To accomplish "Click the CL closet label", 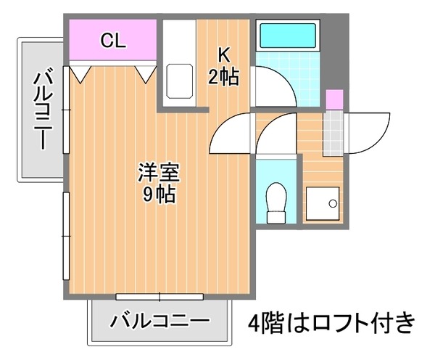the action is (x=113, y=41).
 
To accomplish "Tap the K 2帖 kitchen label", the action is (x=223, y=66).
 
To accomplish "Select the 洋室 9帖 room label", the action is (x=159, y=184).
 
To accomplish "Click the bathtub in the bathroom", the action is (x=288, y=36).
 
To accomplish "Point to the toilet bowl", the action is (x=276, y=202).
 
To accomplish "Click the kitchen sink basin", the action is (x=180, y=81).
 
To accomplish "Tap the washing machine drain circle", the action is (x=333, y=204).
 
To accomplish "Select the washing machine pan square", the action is (x=323, y=204).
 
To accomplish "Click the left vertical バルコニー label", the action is (x=43, y=110).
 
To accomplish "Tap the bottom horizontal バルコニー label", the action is (x=159, y=321).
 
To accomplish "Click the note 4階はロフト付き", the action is (x=331, y=322).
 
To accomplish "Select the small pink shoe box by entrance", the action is (x=334, y=99).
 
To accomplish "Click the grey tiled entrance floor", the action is (x=333, y=133).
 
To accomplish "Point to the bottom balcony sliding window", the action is (x=159, y=297).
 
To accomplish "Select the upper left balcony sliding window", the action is (x=66, y=110).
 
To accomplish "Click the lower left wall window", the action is (x=66, y=236).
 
